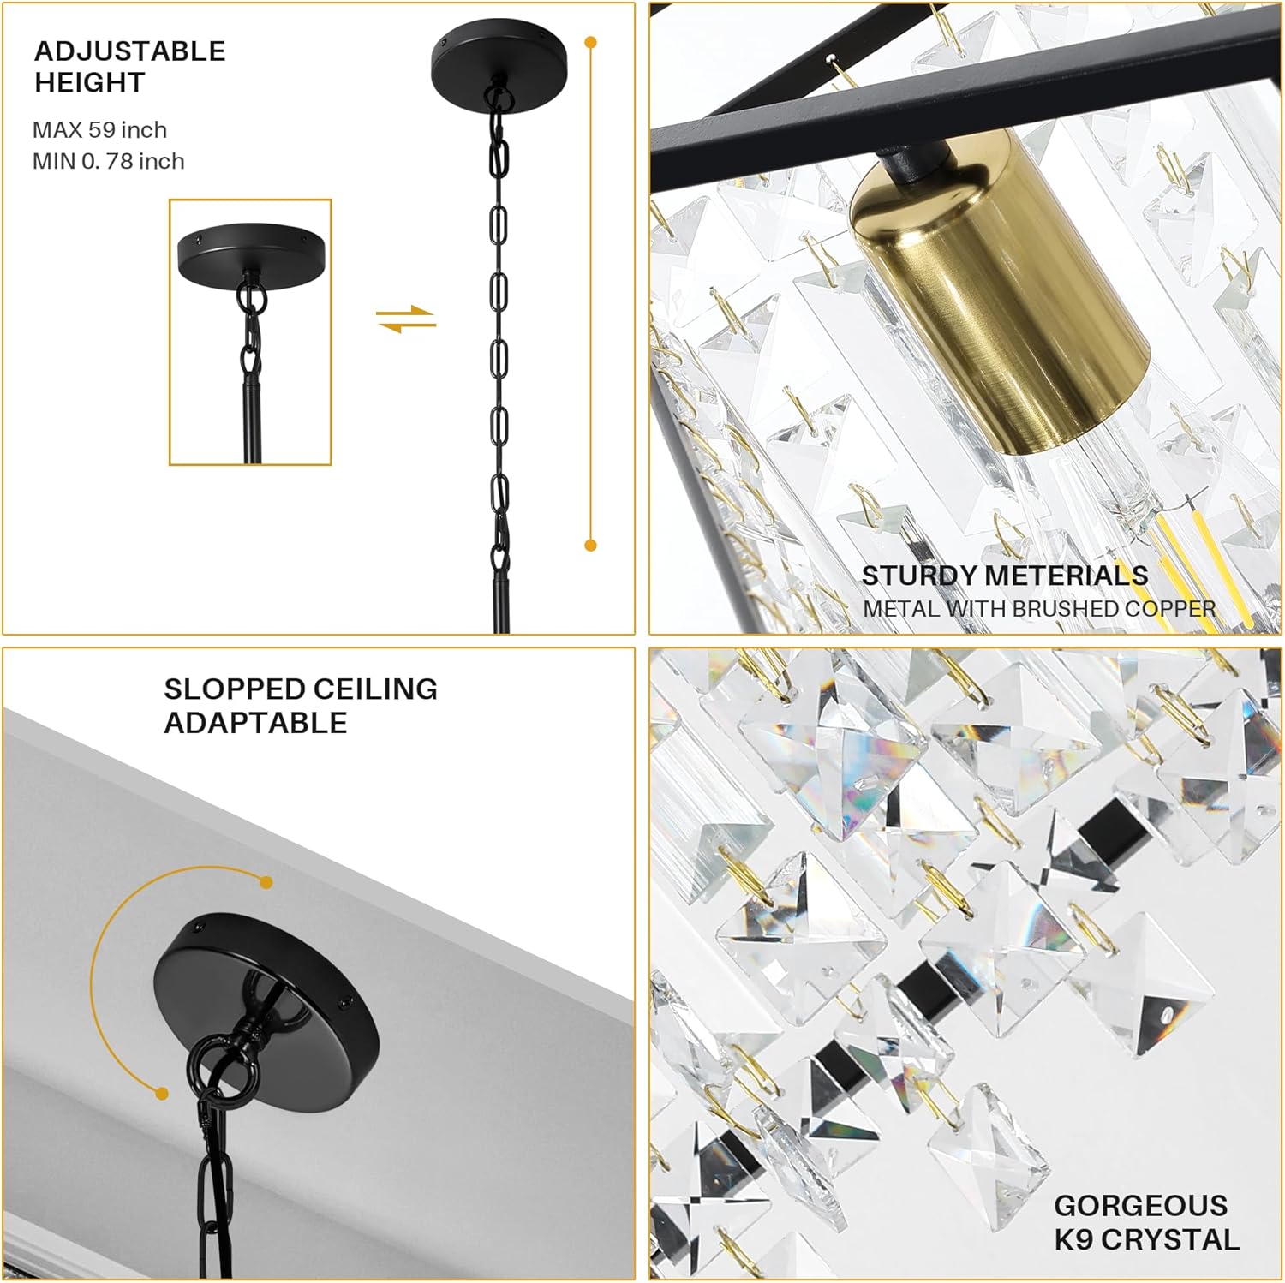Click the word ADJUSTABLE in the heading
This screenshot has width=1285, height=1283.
pyautogui.click(x=129, y=51)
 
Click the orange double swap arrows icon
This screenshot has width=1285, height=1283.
pyautogui.click(x=406, y=319)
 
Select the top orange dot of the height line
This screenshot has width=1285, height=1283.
pyautogui.click(x=590, y=42)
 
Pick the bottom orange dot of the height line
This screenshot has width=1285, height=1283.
pyautogui.click(x=590, y=545)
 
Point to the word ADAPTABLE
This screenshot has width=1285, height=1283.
pyautogui.click(x=255, y=723)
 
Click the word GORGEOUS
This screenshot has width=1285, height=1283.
pyautogui.click(x=1140, y=1206)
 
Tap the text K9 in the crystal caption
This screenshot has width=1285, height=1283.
pyautogui.click(x=1073, y=1239)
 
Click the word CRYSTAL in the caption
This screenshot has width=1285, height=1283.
pyautogui.click(x=1171, y=1239)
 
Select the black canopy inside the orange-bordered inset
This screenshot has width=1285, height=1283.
pyautogui.click(x=251, y=250)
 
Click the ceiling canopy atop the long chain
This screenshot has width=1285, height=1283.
pyautogui.click(x=499, y=60)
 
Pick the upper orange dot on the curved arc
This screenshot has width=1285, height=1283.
pyautogui.click(x=266, y=882)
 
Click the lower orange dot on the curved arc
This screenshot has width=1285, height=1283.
pyautogui.click(x=162, y=1093)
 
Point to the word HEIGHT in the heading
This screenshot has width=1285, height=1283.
pyautogui.click(x=90, y=83)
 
